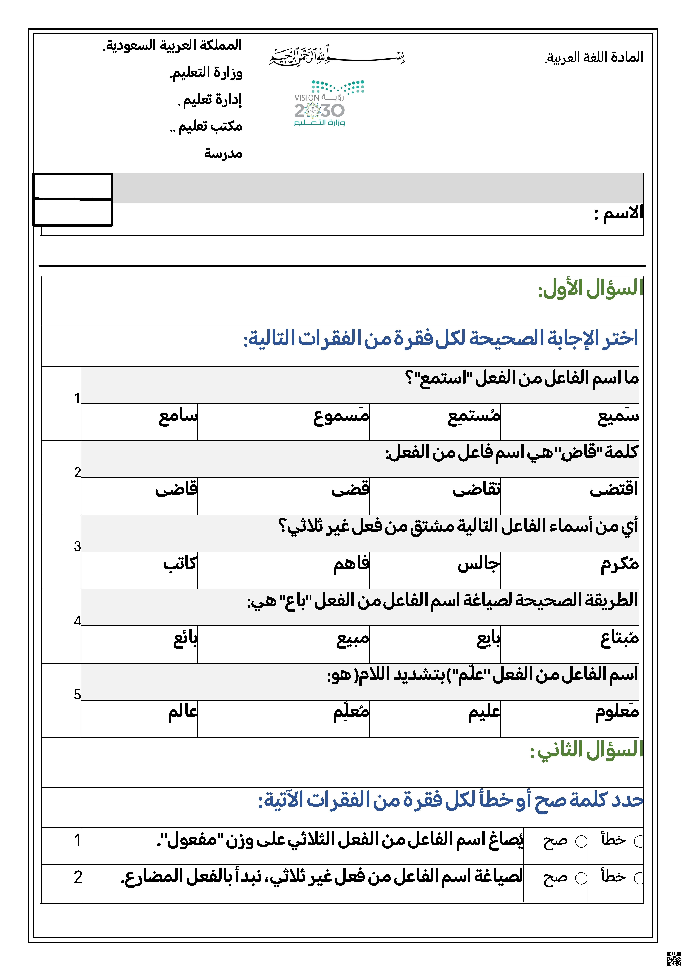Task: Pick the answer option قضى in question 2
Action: click(350, 490)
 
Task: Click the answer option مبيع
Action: click(353, 639)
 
